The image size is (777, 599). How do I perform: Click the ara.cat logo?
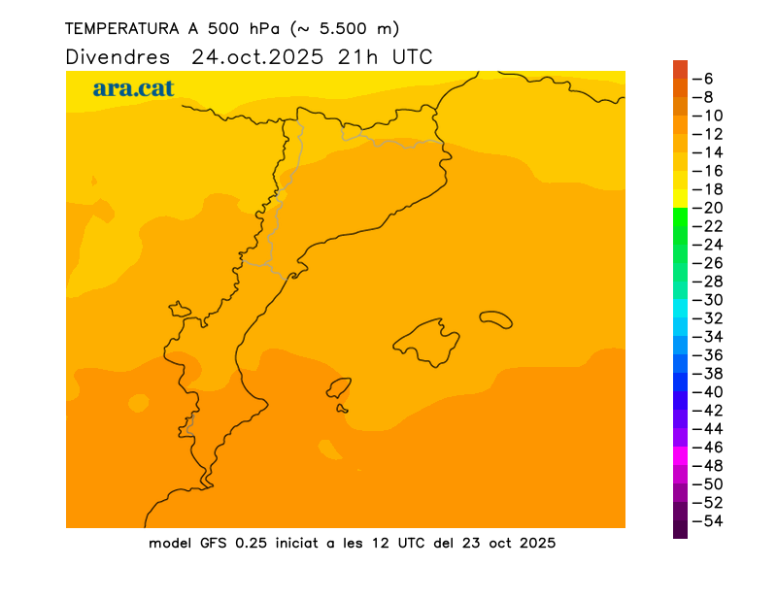tap(133, 88)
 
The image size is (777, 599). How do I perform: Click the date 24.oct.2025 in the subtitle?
tap(258, 57)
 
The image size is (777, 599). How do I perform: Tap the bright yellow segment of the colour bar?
tap(680, 198)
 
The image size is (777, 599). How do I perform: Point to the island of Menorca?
tap(496, 318)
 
